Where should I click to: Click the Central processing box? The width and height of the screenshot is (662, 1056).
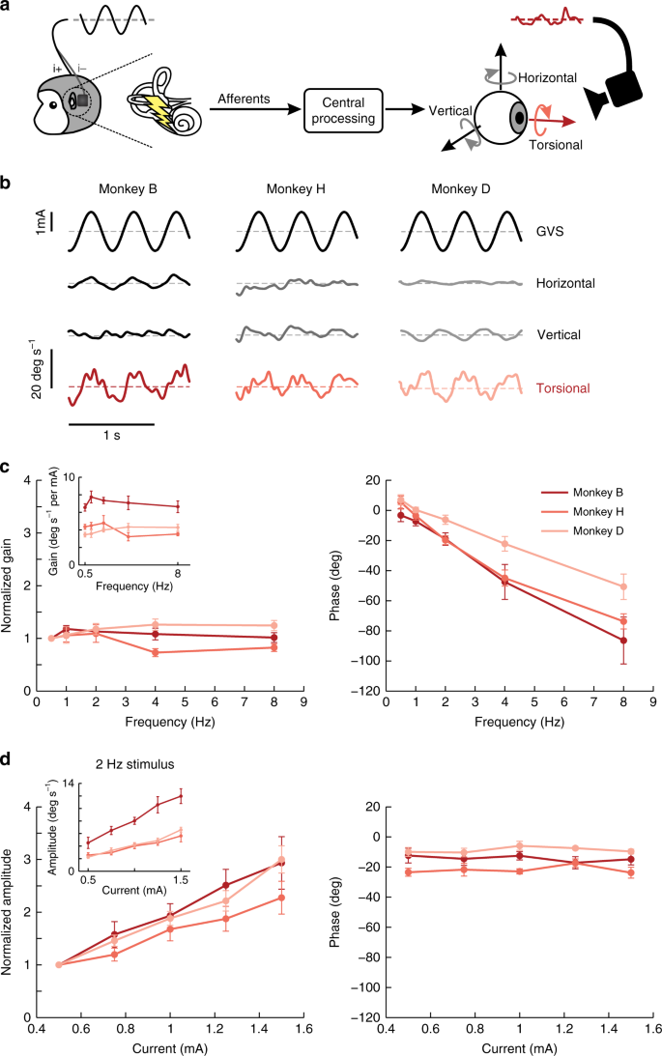tap(343, 110)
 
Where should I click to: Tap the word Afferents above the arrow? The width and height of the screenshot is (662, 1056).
tap(244, 99)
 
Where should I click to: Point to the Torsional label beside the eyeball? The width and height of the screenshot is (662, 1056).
tap(556, 145)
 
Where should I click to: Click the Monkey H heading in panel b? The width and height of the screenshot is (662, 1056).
tap(296, 189)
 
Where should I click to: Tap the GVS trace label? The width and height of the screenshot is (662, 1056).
tap(550, 231)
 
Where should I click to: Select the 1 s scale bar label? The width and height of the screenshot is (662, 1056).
tap(112, 436)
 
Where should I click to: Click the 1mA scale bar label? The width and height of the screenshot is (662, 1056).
tap(42, 222)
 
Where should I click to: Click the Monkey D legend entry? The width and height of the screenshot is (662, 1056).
tap(583, 530)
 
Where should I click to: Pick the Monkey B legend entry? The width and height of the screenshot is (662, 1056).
tap(583, 493)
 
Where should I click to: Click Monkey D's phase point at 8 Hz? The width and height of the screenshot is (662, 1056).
tap(623, 586)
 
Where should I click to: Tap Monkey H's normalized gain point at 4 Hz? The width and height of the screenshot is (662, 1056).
tap(156, 652)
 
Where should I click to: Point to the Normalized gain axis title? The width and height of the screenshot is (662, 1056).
tap(7, 585)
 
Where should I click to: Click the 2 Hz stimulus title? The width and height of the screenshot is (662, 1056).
tap(134, 764)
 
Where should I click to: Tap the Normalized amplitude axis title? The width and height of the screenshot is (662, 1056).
tap(7, 912)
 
